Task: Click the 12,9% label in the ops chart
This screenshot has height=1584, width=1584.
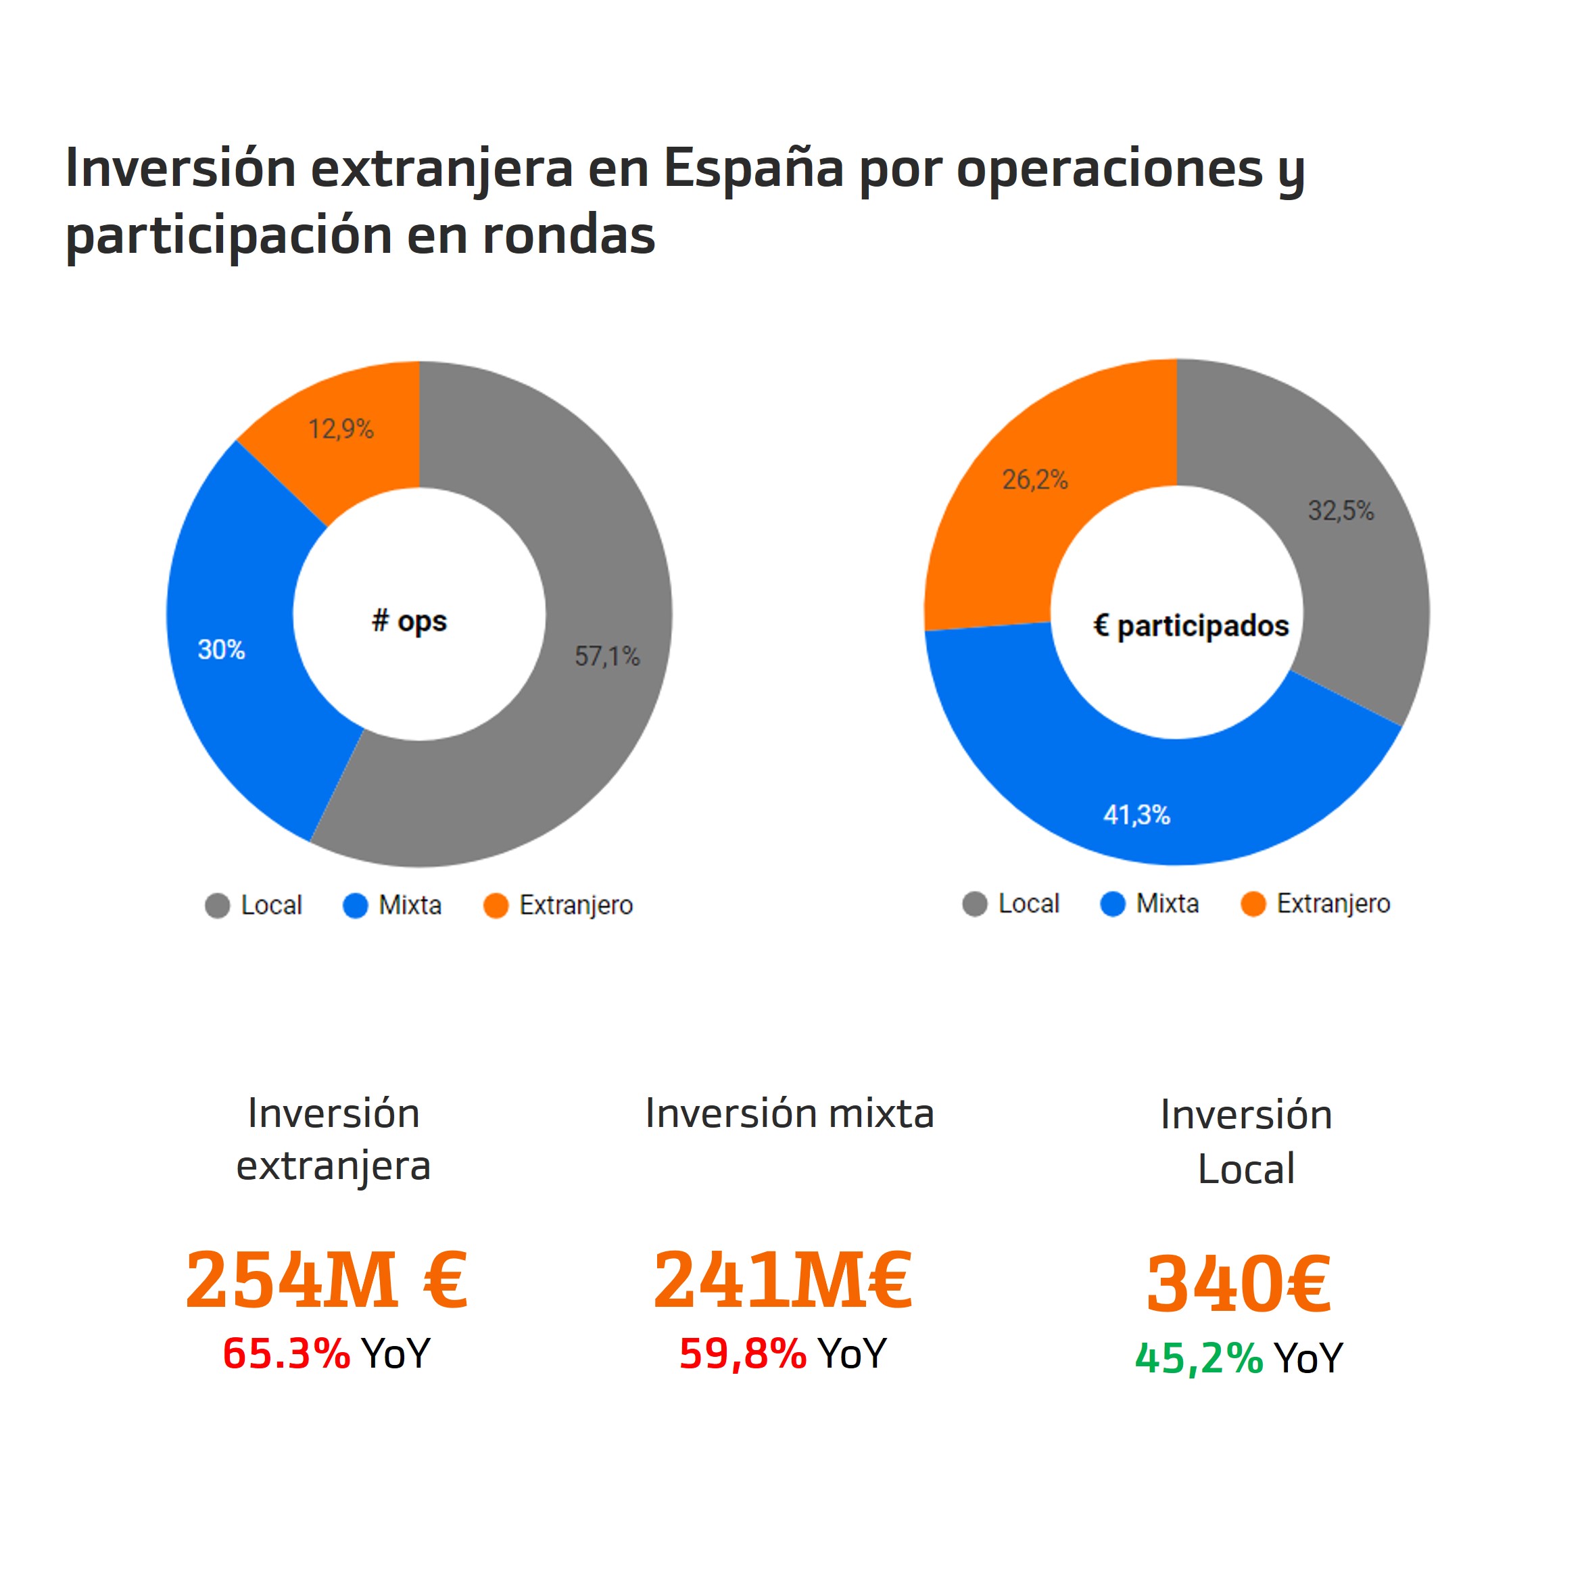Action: point(341,429)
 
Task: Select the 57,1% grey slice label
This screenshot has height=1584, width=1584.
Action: point(606,656)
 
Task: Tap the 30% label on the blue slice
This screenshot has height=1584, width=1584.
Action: point(221,649)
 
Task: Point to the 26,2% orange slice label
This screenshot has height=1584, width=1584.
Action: point(1034,479)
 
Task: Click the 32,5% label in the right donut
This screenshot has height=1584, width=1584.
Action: point(1341,511)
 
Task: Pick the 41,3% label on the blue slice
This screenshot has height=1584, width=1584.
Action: point(1136,814)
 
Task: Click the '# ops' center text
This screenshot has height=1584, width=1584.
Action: point(409,621)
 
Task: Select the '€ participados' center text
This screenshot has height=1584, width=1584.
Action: point(1191,625)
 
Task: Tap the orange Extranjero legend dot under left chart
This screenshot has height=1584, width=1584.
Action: point(496,906)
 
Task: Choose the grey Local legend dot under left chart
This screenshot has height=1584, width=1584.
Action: point(217,906)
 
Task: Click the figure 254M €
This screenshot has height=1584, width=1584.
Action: point(327,1280)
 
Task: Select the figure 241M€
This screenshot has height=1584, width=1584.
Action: point(782,1280)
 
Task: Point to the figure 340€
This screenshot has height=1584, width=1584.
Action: point(1238,1284)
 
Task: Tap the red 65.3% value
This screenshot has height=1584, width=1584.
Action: point(286,1353)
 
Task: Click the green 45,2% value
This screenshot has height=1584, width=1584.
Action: point(1199,1358)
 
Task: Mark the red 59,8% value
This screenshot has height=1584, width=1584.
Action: point(743,1353)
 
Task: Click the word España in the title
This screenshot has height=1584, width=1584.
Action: point(752,168)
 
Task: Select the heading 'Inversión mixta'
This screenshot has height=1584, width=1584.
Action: point(790,1113)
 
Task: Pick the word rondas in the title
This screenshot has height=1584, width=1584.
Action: point(568,235)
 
